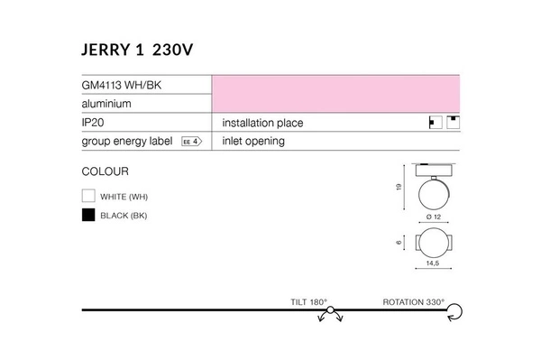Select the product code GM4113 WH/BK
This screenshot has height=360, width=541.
[x=122, y=85]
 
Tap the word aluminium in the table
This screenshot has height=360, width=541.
[x=107, y=104]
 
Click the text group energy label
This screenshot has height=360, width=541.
[x=127, y=142]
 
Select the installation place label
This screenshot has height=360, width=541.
[x=261, y=123]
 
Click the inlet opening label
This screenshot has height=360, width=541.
[x=252, y=142]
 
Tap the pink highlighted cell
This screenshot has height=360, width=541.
[x=335, y=94]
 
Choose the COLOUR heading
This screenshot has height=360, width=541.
[x=105, y=171]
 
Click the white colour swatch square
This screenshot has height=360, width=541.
[x=88, y=196]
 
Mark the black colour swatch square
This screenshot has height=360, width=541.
[x=88, y=215]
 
